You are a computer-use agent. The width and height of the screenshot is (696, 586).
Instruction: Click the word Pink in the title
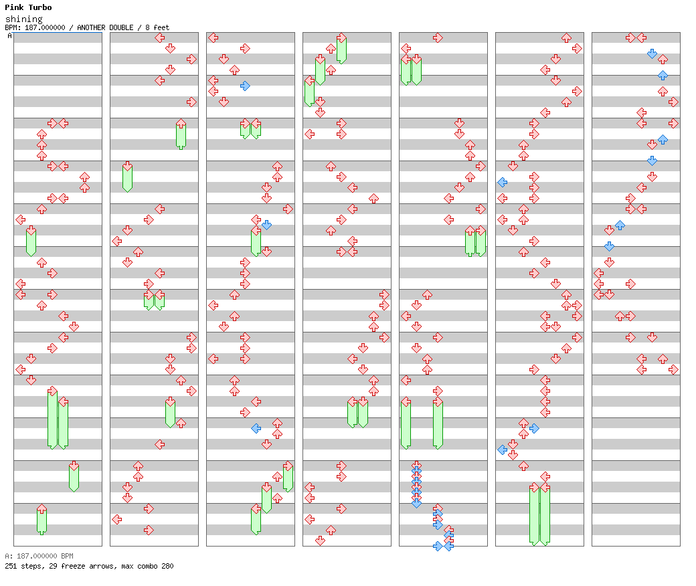pos(14,7)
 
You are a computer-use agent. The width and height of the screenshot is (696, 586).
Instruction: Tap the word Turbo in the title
pos(40,7)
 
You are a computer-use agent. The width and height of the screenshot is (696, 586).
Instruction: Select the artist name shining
pos(24,19)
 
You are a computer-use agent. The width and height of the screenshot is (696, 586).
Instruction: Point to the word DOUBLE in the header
pos(121,27)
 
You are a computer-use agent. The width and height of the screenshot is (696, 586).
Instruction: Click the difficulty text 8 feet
pos(157,27)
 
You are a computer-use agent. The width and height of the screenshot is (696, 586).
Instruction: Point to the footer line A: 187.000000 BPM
pos(39,556)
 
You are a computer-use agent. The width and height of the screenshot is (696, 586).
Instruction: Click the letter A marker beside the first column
pos(10,36)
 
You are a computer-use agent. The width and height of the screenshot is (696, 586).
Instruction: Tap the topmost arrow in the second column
pos(160,37)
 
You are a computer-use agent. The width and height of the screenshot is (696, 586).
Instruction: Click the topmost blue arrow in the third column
pos(245,86)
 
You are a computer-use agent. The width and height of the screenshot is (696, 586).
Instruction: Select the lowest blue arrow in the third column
pos(256,429)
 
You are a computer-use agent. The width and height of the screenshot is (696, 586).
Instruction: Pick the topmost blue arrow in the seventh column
pos(652,54)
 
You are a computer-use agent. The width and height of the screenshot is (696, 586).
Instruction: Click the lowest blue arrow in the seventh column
pos(610,246)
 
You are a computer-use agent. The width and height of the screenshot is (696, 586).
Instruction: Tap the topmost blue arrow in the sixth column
pos(503,183)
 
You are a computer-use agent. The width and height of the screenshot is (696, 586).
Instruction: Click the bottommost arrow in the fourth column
pos(321,541)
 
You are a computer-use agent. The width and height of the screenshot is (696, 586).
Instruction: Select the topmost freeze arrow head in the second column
pos(181,123)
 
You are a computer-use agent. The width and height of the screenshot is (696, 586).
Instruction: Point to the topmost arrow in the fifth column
pos(438,37)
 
